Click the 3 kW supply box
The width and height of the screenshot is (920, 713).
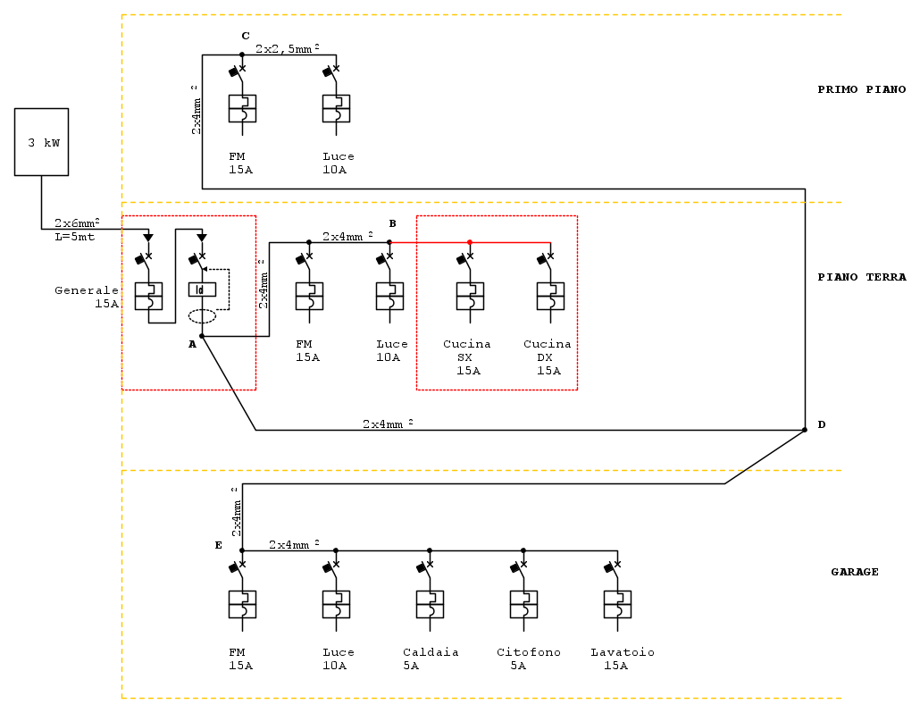pos(41,141)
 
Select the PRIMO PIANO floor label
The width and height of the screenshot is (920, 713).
pos(861,89)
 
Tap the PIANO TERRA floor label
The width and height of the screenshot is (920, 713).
pos(861,277)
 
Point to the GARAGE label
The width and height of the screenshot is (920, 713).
pos(855,572)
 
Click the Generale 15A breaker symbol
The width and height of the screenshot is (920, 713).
pos(148,296)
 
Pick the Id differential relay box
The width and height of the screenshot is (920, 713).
pos(202,289)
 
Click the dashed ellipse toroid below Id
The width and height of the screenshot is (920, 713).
pos(202,315)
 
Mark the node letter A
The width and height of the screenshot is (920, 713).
pos(192,344)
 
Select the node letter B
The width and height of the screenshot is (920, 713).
pos(392,222)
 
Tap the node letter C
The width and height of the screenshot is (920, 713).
pos(246,36)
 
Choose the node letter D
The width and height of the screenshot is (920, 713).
pos(821,424)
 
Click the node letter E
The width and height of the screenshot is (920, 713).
pos(218,545)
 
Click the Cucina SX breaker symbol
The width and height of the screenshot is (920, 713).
pos(470,296)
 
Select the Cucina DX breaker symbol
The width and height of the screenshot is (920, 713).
pos(550,296)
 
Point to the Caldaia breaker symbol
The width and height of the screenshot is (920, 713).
pos(430,604)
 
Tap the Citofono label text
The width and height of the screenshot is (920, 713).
pos(529,652)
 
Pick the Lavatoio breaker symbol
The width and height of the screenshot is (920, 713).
pos(617,604)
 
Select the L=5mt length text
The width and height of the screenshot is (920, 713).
pos(75,237)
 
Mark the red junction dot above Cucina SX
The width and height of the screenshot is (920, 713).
pos(470,241)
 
